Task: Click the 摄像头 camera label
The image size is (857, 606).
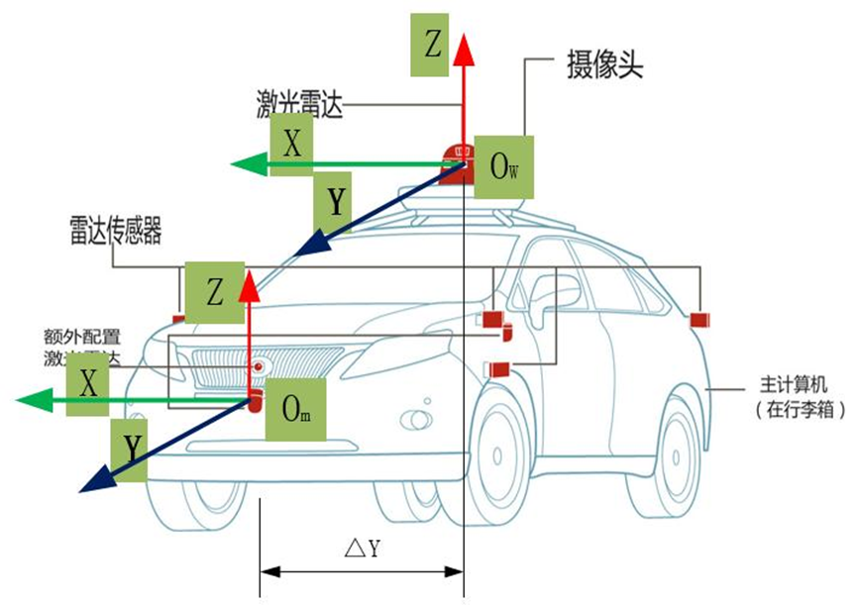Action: (602, 67)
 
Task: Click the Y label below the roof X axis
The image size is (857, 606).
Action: (336, 202)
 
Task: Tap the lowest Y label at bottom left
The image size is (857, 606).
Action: (131, 449)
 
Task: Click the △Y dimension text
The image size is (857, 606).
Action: (363, 548)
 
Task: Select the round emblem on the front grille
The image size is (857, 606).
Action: (259, 366)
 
